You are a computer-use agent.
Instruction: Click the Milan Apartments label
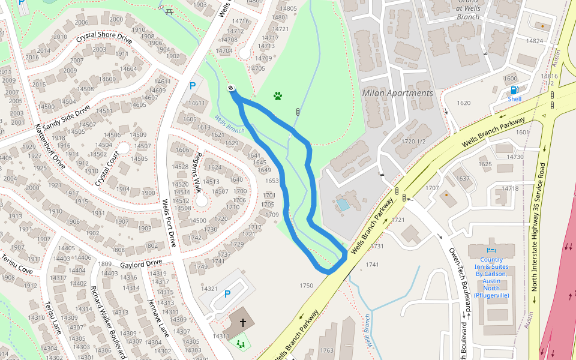(397, 93)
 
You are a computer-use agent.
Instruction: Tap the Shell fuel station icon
(514, 91)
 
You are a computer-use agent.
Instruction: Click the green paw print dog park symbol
(278, 95)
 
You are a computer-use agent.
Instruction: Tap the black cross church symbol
(243, 323)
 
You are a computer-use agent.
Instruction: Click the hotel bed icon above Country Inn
(491, 250)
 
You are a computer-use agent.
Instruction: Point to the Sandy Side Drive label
(66, 117)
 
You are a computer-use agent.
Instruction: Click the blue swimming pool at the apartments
(343, 204)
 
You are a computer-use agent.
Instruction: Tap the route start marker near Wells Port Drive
(231, 89)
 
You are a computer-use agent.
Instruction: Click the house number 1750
(306, 286)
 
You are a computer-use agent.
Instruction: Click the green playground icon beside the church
(241, 344)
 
